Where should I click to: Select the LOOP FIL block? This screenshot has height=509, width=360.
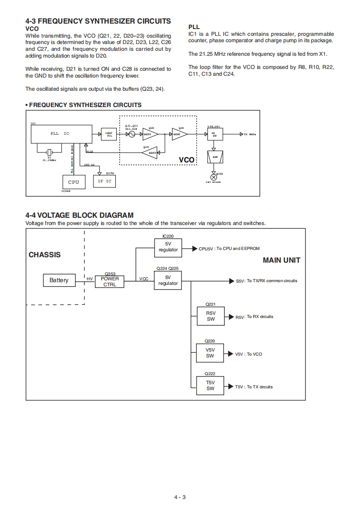point(109,134)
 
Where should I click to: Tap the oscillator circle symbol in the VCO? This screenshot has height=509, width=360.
point(132,134)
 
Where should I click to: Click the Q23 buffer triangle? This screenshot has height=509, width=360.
point(149,134)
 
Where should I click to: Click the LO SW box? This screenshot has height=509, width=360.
point(214,134)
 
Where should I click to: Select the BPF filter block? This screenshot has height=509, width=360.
point(214,157)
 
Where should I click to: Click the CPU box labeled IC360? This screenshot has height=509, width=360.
point(73,182)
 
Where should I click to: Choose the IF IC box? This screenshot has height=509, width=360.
point(104,181)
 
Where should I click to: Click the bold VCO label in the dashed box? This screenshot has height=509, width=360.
point(186,160)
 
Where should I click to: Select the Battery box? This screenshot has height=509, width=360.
point(59,280)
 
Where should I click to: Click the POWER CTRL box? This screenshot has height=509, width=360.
point(109,282)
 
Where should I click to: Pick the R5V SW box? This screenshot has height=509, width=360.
point(210,316)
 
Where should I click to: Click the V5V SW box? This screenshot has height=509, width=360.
point(210,353)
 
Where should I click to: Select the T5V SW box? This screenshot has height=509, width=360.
point(210,386)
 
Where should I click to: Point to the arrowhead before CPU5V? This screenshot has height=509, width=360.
point(195,249)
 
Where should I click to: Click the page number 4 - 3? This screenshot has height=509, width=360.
point(180,497)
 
